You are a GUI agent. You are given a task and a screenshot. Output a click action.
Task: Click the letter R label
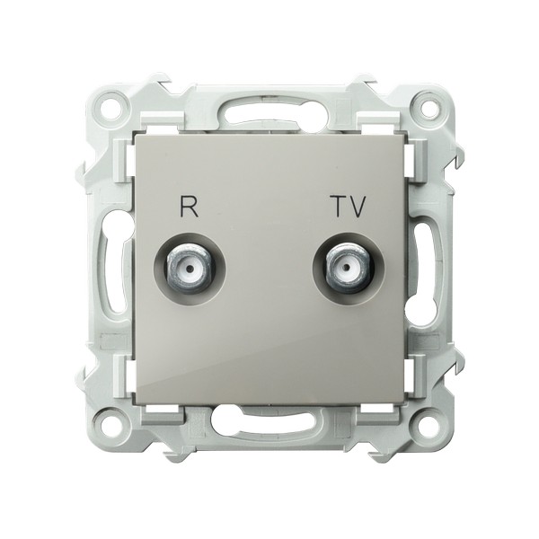coord(189,207)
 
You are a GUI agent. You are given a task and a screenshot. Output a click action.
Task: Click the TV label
coord(350,207)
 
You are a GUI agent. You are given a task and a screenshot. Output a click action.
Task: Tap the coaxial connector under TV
coord(348,268)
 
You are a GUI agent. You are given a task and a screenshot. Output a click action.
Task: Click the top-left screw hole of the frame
coord(112,104)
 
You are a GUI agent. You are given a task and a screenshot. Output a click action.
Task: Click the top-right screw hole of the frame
coord(428,104)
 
